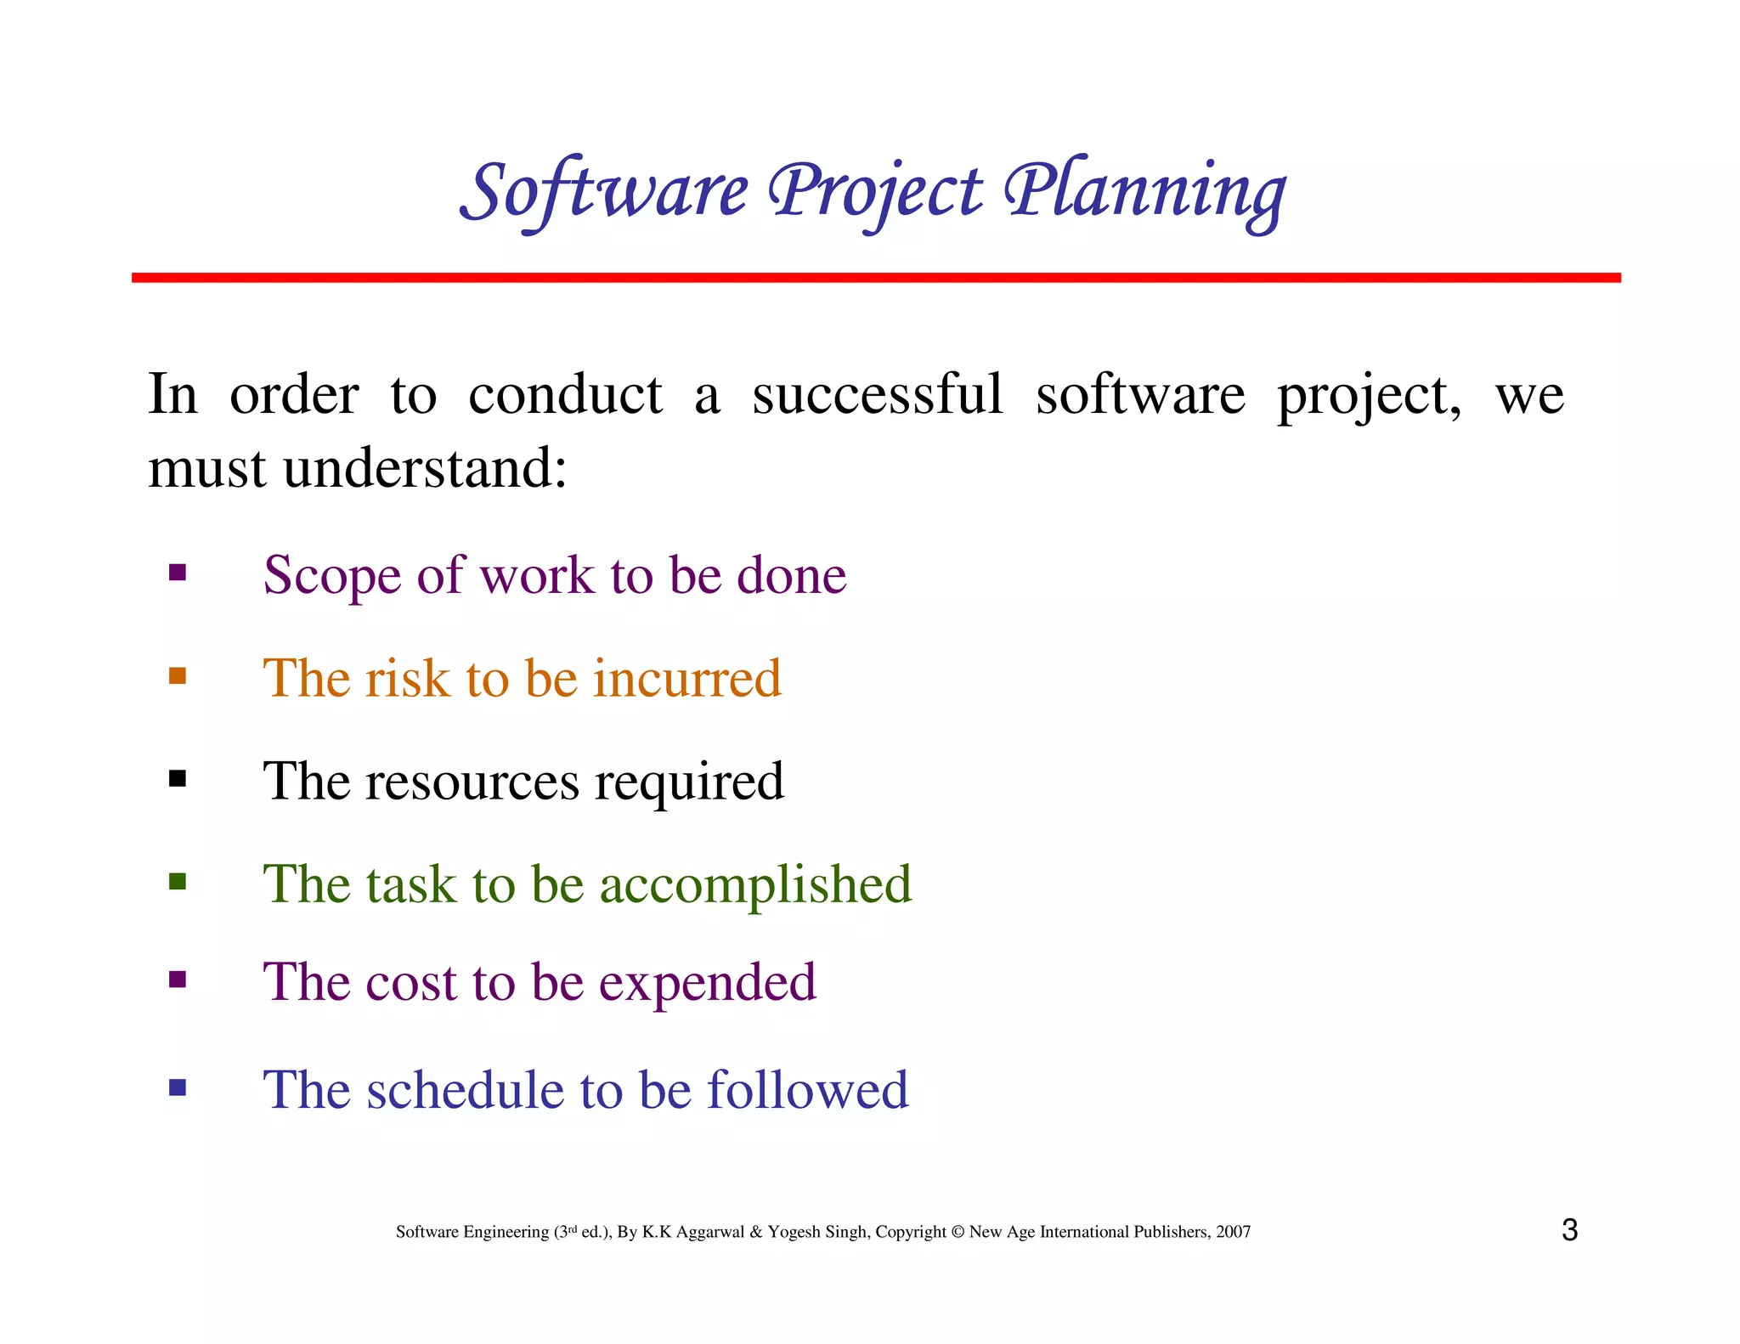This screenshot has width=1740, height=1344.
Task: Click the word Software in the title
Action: (605, 191)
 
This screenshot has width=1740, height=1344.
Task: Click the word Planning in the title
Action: (1144, 191)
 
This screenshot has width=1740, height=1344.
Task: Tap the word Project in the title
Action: (875, 191)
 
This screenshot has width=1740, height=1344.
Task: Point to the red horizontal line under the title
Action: (875, 278)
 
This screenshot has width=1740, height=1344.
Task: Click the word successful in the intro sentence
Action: (877, 395)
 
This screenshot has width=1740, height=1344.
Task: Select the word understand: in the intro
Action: (425, 469)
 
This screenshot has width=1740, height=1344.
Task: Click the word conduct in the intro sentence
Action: (565, 395)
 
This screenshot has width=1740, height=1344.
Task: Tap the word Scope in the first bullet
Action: (331, 577)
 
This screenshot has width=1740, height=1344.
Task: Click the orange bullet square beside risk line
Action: (178, 676)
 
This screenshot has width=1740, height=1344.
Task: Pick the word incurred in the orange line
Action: (686, 679)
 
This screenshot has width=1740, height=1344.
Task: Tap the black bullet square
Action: (178, 779)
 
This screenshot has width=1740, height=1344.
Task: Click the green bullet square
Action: (178, 881)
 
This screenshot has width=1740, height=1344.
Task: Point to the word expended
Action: (707, 984)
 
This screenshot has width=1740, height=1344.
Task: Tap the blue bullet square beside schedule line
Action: (178, 1087)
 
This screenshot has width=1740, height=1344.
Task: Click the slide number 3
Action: (1569, 1230)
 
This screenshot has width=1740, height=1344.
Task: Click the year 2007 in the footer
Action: (1233, 1232)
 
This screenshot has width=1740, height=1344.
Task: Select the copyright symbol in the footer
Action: (958, 1232)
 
